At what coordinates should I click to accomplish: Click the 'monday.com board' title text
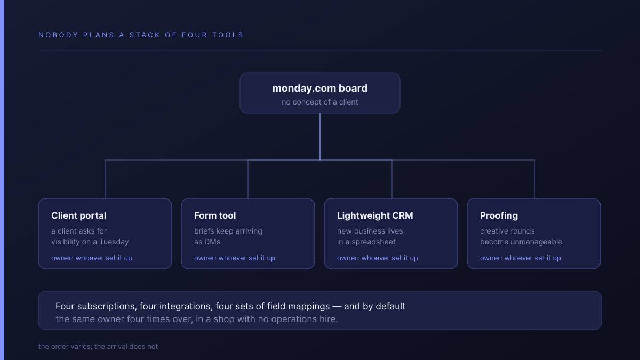319,89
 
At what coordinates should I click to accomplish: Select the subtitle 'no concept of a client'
319,102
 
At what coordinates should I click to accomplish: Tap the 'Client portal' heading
78,215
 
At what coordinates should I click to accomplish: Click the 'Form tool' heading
215,215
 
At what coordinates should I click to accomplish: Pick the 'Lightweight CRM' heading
375,215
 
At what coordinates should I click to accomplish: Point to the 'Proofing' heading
499,215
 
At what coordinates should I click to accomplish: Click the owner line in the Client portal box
92,258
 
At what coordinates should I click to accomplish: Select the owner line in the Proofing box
521,258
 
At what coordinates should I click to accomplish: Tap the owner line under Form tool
235,258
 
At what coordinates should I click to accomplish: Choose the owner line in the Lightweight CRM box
378,258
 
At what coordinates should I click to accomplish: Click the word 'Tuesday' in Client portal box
114,242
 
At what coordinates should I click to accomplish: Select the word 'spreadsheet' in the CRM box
373,242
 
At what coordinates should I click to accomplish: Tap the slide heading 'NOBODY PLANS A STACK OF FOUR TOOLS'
141,35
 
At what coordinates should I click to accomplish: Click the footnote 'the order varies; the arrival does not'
98,346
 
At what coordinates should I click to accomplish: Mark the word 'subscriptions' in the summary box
107,306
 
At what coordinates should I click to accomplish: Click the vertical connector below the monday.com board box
319,137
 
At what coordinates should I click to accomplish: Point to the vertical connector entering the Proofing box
535,179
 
